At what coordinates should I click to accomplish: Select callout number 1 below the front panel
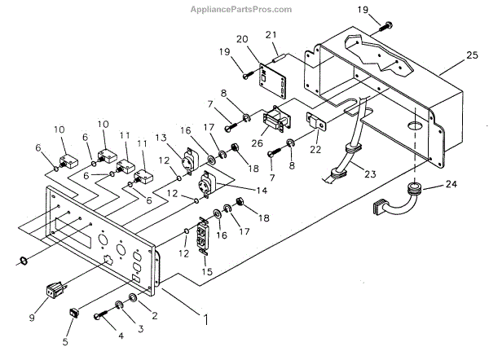click(206, 319)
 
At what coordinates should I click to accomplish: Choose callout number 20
click(242, 39)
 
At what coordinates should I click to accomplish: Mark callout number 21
click(272, 34)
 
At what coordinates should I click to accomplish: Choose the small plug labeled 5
click(73, 310)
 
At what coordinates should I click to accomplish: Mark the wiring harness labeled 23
click(346, 159)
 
